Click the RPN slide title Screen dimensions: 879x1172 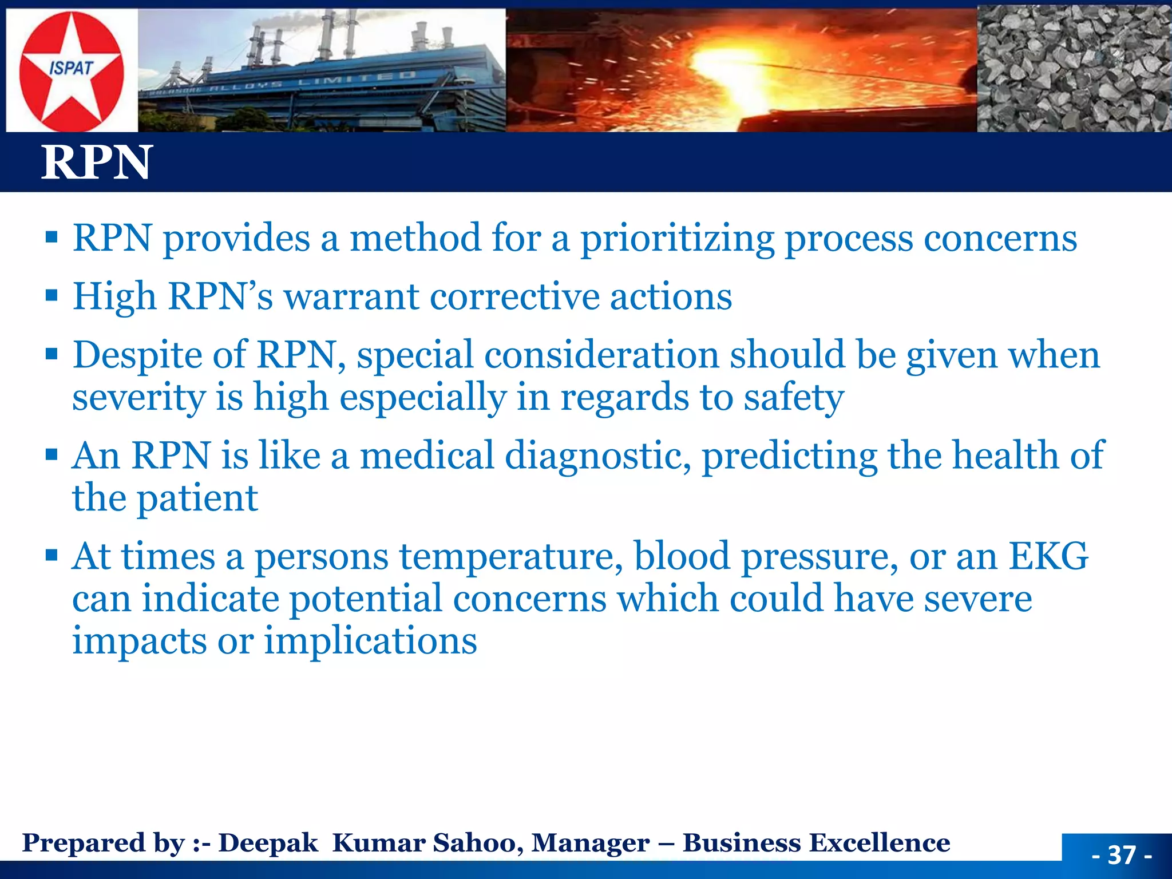point(96,163)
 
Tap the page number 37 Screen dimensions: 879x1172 point(1121,855)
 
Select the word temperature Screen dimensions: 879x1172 point(510,557)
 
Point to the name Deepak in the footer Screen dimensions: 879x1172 point(268,843)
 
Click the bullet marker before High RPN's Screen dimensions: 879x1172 point(52,296)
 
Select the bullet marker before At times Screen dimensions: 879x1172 point(52,555)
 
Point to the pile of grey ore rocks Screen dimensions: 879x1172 point(1074,69)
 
